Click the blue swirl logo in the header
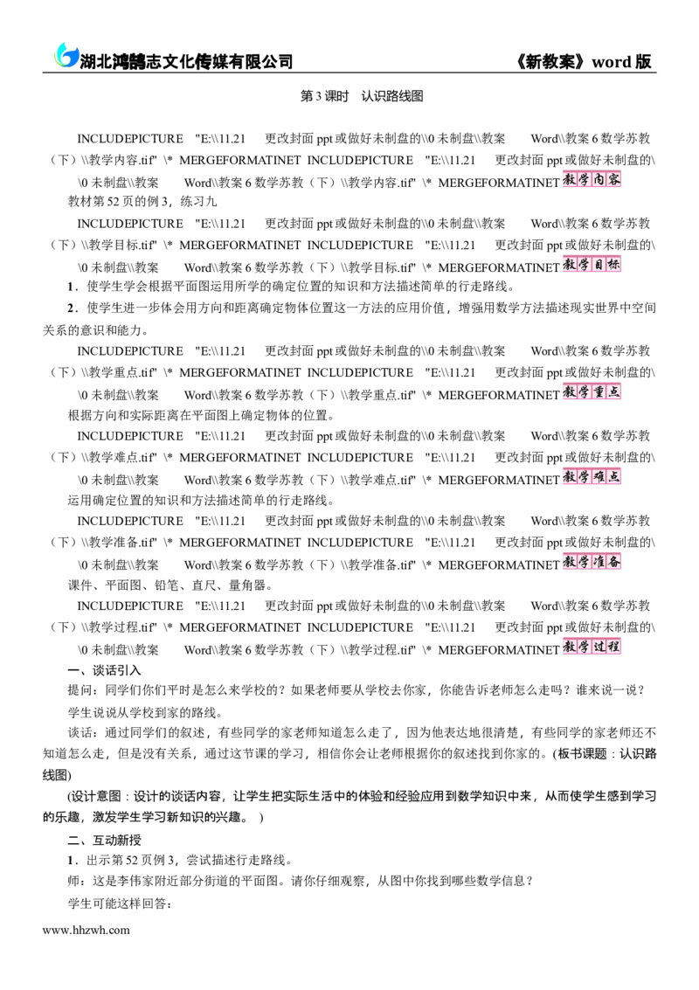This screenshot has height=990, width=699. [x=66, y=55]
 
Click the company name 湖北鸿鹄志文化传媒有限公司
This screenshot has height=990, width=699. [x=186, y=61]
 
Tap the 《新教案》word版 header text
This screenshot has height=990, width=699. [x=584, y=61]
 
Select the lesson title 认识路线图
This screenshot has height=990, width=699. [x=392, y=96]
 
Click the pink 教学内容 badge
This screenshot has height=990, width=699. [x=592, y=179]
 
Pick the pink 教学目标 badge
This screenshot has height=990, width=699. [x=592, y=265]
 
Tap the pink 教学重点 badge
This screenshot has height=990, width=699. [x=592, y=392]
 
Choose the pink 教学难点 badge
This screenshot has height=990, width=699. [x=592, y=477]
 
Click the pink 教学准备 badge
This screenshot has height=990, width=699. [x=592, y=562]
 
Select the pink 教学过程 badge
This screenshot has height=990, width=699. [x=592, y=647]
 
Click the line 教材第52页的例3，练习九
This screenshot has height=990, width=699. [x=142, y=202]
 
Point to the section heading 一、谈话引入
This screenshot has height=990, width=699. [x=104, y=670]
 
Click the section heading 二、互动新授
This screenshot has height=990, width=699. [x=104, y=841]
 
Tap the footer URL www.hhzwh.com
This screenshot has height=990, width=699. [x=86, y=930]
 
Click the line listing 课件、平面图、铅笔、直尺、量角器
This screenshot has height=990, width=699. [x=170, y=585]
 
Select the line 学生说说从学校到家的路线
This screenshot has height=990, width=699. [x=145, y=713]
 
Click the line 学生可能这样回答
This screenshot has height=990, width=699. [x=120, y=904]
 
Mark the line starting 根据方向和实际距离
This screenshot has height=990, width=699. [x=202, y=415]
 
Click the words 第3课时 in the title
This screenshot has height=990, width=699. [x=324, y=96]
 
